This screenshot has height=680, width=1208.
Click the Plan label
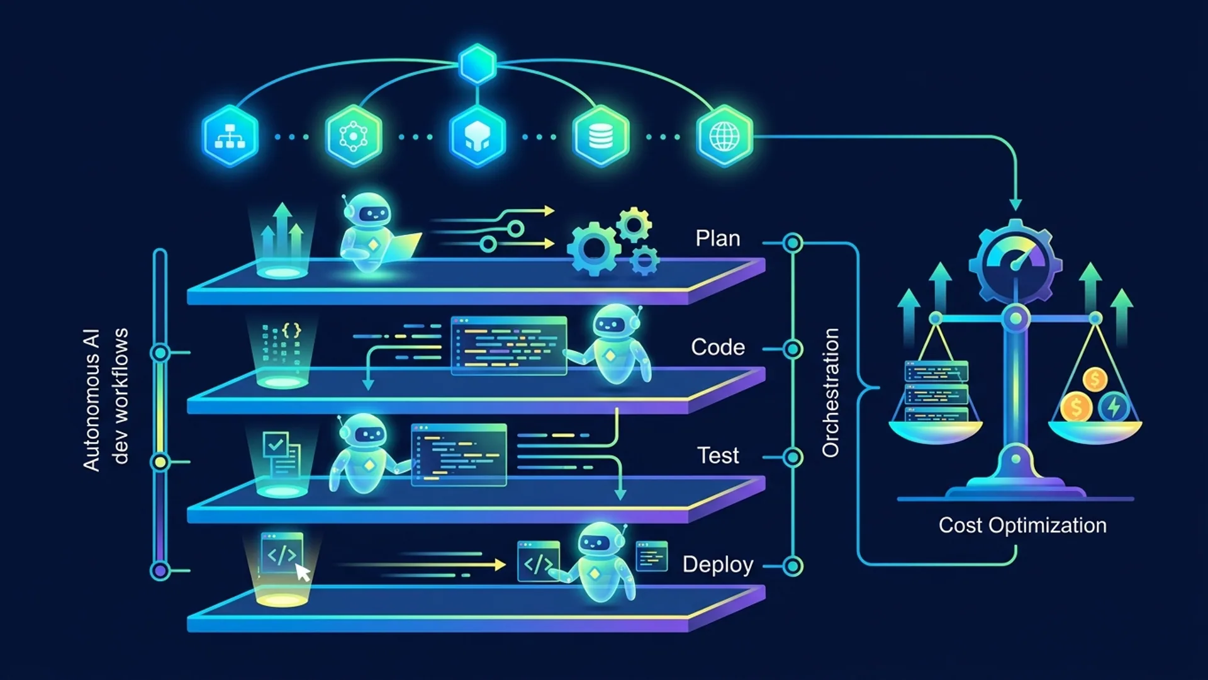pos(718,238)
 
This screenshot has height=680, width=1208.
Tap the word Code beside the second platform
pos(718,347)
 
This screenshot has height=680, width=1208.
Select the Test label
pos(718,455)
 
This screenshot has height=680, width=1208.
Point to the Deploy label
pos(718,565)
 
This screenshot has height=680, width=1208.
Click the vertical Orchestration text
pos(830,392)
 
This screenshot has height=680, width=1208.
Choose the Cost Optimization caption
pos(1022,525)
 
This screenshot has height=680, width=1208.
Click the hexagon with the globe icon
pos(725,136)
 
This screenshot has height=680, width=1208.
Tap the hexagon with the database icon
pos(601,136)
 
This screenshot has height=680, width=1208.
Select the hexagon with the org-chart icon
pos(230,136)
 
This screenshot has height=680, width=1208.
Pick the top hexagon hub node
pos(478,64)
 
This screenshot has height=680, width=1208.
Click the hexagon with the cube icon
pos(478,136)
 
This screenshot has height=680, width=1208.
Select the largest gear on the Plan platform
pos(593,249)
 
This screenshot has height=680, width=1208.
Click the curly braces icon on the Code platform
pos(291,330)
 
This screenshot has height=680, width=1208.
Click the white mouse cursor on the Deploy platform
pos(303,572)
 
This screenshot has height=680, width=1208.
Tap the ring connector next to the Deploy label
pos(793,566)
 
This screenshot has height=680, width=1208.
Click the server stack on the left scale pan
pos(936,391)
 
